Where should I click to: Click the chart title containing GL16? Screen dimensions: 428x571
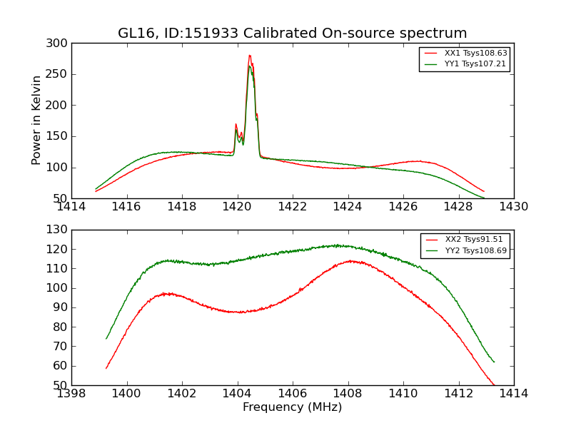[293, 34]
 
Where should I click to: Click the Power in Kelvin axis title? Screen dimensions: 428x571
[36, 121]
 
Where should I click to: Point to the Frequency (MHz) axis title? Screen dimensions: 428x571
[293, 407]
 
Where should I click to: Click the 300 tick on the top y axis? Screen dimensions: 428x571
[59, 44]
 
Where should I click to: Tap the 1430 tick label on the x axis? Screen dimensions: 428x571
[513, 207]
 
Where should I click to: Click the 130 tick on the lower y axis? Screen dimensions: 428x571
[59, 230]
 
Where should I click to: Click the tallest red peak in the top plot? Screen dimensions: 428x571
[250, 56]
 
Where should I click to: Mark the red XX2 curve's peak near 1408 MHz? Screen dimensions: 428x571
[351, 261]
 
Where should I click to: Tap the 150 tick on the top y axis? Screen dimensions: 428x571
[59, 136]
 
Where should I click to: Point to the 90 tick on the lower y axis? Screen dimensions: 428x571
[62, 307]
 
